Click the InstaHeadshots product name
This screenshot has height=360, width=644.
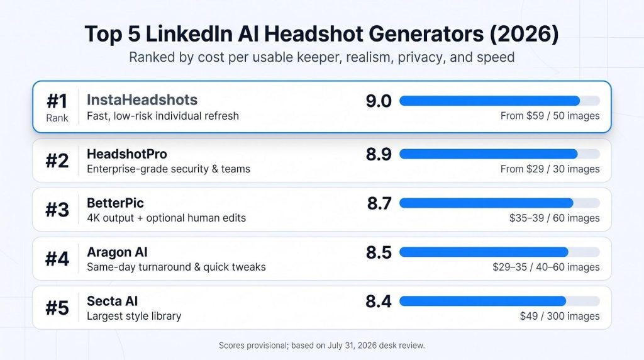tap(142, 100)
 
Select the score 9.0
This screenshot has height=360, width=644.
tap(379, 101)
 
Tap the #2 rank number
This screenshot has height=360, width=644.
tap(57, 160)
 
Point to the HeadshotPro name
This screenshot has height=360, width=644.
tap(127, 154)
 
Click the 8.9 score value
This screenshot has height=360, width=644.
tap(379, 154)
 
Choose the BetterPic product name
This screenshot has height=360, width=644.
tap(116, 203)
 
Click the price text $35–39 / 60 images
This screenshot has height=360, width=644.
tap(555, 218)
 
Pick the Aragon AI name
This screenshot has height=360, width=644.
tap(117, 252)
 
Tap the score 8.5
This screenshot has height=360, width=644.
tap(379, 252)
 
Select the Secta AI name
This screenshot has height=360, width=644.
tap(112, 301)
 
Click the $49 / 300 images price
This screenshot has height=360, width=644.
tap(560, 316)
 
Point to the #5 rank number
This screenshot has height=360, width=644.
tap(57, 308)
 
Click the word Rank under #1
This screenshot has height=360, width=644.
tap(57, 118)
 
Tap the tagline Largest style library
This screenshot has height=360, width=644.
tap(134, 316)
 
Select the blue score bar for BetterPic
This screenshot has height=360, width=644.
tap(486, 203)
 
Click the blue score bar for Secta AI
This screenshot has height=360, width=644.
tap(482, 301)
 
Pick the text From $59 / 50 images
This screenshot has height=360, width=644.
tap(550, 116)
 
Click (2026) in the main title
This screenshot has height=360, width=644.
tap(524, 34)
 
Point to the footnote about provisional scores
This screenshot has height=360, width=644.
tap(321, 346)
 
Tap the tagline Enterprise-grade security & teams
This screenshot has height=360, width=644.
tap(169, 169)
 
